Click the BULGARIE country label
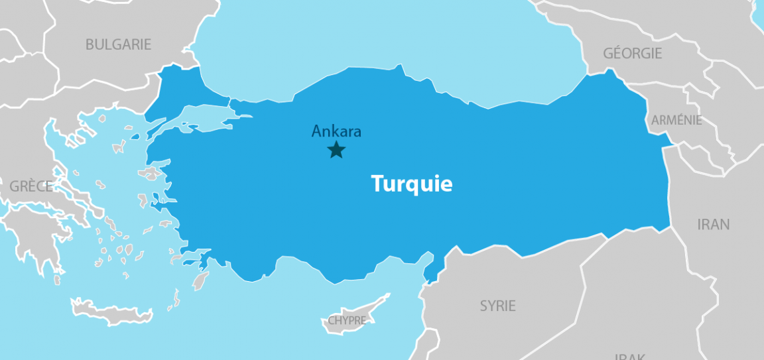click(x=118, y=44)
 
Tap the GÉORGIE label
click(x=632, y=53)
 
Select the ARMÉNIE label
click(x=676, y=120)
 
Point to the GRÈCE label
click(x=31, y=186)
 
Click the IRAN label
click(x=713, y=224)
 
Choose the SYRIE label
click(x=497, y=306)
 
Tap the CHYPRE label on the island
click(x=347, y=321)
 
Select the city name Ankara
click(x=336, y=131)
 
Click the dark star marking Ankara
click(x=336, y=150)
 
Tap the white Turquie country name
click(x=411, y=184)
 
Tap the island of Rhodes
click(x=200, y=280)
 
